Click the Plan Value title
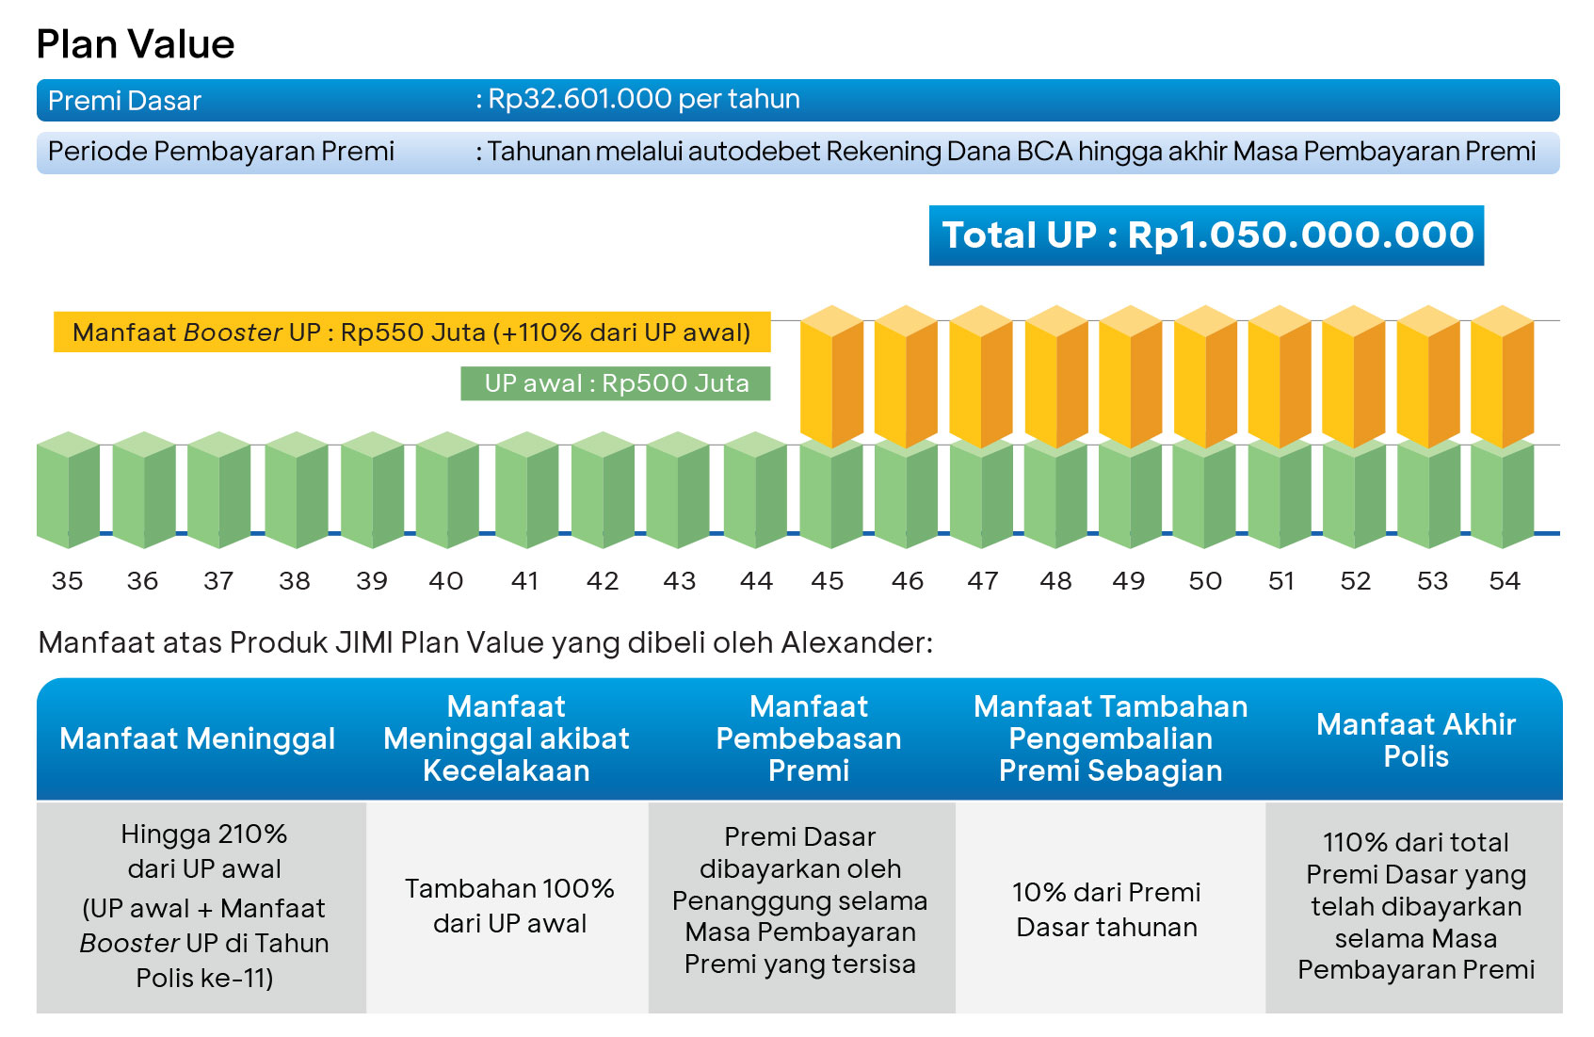point(136,44)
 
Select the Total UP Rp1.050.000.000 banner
point(1206,235)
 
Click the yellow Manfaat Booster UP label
point(411,332)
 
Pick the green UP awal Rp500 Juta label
point(616,383)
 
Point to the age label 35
point(67,581)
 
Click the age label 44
point(756,581)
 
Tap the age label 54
point(1505,581)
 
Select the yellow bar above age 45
point(831,377)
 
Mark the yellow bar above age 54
point(1503,377)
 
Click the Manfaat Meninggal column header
point(198,738)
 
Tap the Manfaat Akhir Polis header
point(1415,740)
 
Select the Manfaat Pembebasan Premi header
point(809,738)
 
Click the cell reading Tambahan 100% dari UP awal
point(509,906)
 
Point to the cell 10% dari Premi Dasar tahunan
point(1107,909)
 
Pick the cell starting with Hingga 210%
point(204,905)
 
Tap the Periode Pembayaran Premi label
point(221,152)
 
